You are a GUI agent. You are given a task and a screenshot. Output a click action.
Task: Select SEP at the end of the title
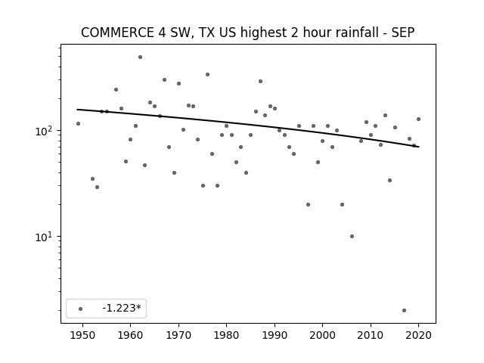[x=403, y=33]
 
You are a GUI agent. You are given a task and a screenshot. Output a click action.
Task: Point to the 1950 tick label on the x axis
[x=82, y=335]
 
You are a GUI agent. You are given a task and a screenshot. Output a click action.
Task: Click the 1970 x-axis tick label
[x=178, y=335]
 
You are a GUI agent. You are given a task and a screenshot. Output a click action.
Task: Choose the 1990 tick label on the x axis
[x=275, y=335]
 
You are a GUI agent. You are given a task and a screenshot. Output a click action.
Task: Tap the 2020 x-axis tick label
[x=418, y=335]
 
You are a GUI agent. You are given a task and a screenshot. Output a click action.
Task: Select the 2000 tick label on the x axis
[x=323, y=335]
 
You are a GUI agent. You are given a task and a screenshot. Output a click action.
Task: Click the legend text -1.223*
[x=122, y=308]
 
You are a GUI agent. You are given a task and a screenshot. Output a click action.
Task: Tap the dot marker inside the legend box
[x=81, y=309]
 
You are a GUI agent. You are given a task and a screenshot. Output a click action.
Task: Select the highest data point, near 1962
[x=140, y=57]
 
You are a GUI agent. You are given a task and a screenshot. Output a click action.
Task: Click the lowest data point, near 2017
[x=404, y=311]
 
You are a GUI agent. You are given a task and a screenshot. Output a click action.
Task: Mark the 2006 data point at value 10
[x=352, y=237]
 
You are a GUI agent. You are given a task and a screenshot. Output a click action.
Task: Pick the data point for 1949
[x=78, y=124]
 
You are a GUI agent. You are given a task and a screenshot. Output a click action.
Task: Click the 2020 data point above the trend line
[x=418, y=119]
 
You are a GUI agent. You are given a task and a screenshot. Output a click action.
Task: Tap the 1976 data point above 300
[x=207, y=74]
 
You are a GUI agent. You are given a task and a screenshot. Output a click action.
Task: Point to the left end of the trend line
[x=77, y=110]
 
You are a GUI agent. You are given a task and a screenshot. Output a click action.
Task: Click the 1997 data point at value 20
[x=308, y=205]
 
